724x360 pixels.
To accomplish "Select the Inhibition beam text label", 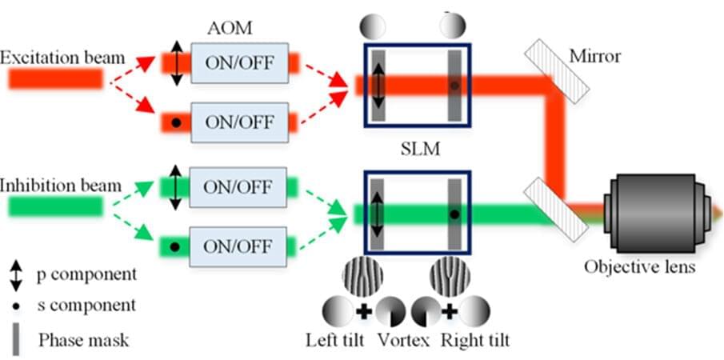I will click(x=61, y=186).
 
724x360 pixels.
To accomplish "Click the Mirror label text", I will click(x=595, y=57).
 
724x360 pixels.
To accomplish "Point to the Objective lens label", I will click(x=639, y=266).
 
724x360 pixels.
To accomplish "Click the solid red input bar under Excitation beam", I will click(x=55, y=78).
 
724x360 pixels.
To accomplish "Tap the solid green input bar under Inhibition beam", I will click(x=55, y=207).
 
